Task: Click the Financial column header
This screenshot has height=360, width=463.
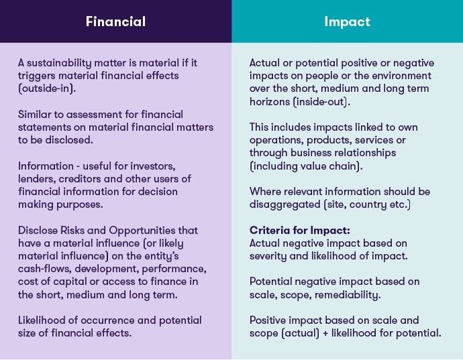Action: coord(115,21)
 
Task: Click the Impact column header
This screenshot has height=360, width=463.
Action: coord(347,21)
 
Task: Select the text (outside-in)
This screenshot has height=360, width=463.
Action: coord(46,88)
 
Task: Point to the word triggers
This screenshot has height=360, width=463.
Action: coord(38,76)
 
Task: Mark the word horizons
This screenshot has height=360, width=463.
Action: coord(271,102)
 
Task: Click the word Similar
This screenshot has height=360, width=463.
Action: coord(38,114)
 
